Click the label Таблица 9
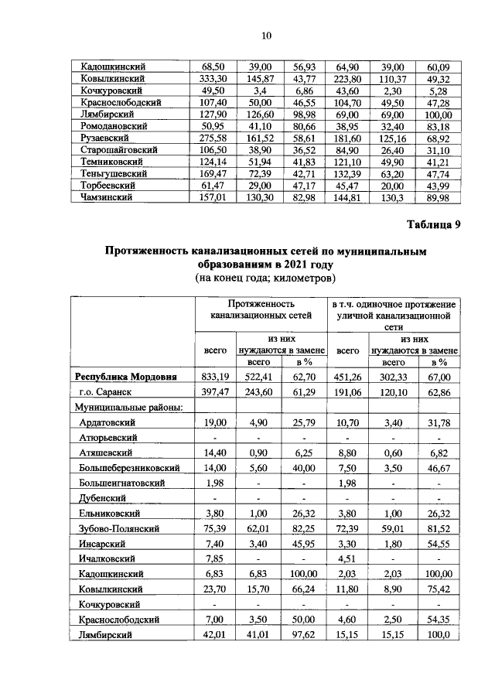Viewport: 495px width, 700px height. [x=432, y=225]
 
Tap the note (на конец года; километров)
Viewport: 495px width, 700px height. [x=266, y=277]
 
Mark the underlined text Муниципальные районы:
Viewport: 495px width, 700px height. [x=128, y=408]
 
